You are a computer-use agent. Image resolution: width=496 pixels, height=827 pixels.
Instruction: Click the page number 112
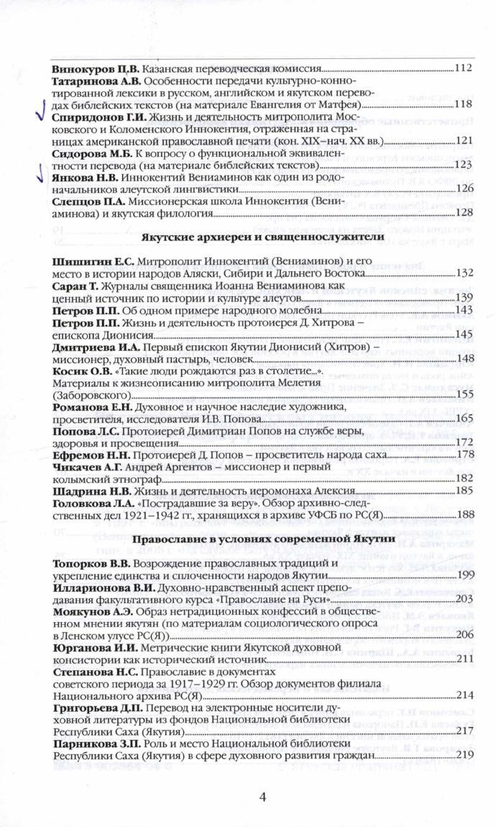click(x=463, y=69)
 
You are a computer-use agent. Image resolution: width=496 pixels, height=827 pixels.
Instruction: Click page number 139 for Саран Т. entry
click(x=463, y=297)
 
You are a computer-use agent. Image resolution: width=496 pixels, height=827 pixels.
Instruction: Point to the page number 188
click(x=463, y=515)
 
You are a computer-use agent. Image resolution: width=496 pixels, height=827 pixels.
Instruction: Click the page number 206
click(x=463, y=636)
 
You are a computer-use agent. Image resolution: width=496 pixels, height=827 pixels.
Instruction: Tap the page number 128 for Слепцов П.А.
click(x=463, y=213)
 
